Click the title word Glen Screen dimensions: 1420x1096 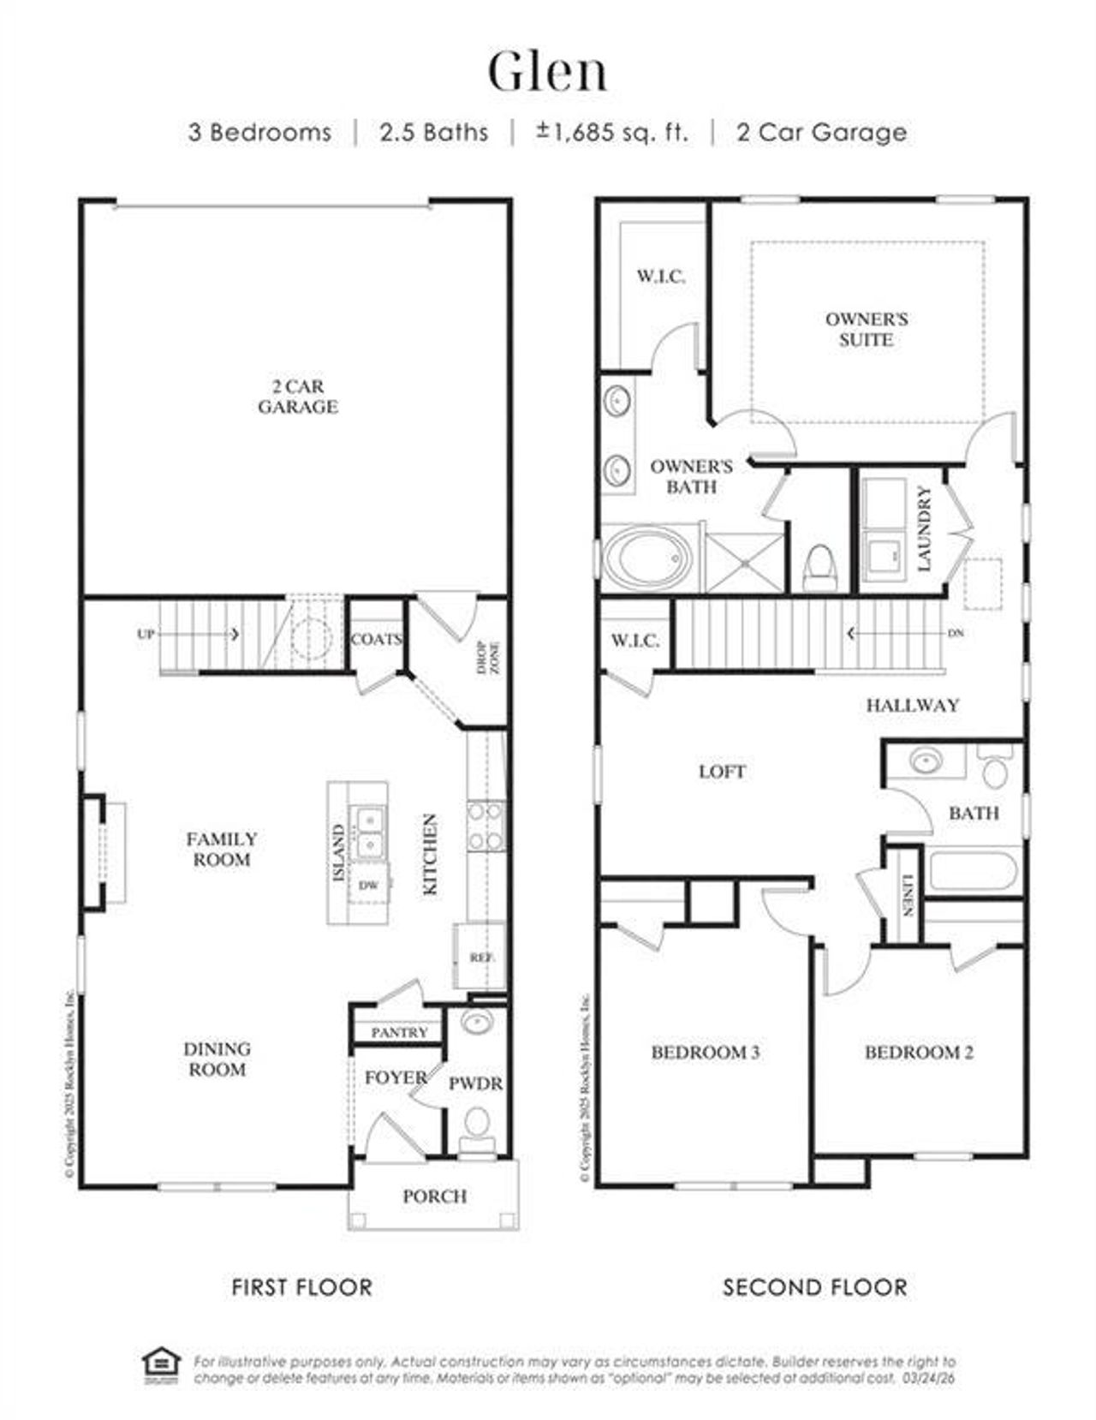click(548, 72)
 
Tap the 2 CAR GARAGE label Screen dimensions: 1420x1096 click(298, 397)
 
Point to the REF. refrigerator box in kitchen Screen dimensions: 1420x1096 click(480, 958)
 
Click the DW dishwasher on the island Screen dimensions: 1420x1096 click(369, 886)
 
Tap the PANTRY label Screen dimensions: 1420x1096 click(399, 1033)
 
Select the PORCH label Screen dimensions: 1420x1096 click(435, 1196)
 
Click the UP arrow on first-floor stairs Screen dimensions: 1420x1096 click(146, 635)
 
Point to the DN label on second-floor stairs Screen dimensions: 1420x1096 click(956, 634)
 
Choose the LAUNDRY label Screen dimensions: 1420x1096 click(924, 528)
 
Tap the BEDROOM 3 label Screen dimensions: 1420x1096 click(705, 1052)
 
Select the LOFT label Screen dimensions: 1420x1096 click(722, 772)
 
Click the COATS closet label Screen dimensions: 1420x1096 click(376, 639)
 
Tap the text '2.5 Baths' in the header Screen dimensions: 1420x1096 click(434, 133)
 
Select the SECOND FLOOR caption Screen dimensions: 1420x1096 click(814, 1286)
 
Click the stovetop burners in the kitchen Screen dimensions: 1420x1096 click(485, 826)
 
